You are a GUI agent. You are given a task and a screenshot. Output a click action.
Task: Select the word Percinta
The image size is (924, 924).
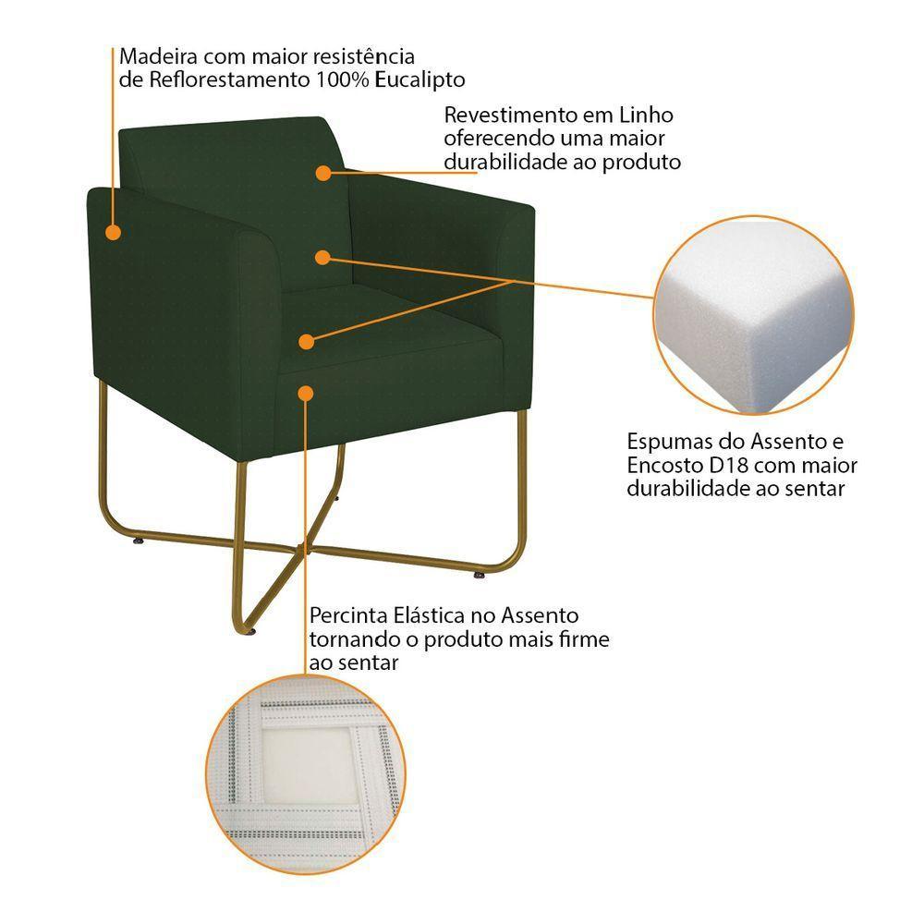[348, 615]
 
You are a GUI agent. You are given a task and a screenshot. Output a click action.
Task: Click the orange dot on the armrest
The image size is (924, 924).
[113, 232]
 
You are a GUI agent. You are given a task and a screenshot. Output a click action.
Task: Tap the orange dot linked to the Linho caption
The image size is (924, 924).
[322, 172]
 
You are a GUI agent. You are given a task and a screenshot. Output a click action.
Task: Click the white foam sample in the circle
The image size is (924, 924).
[753, 314]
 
